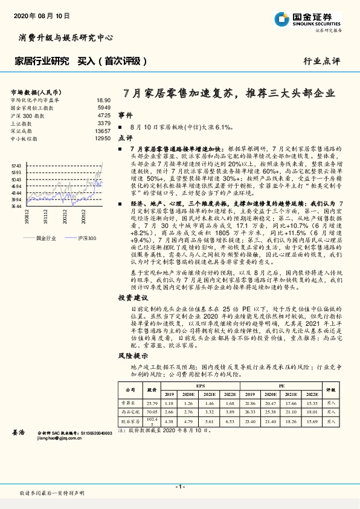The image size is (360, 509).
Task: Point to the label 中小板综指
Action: [x=24, y=138]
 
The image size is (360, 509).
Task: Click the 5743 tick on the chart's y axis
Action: [x=17, y=165]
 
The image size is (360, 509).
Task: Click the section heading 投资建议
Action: [x=133, y=298]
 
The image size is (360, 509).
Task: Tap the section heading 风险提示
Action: [x=133, y=357]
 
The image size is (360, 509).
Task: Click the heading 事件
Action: [x=125, y=115]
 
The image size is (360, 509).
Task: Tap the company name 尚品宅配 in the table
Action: [x=130, y=412]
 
